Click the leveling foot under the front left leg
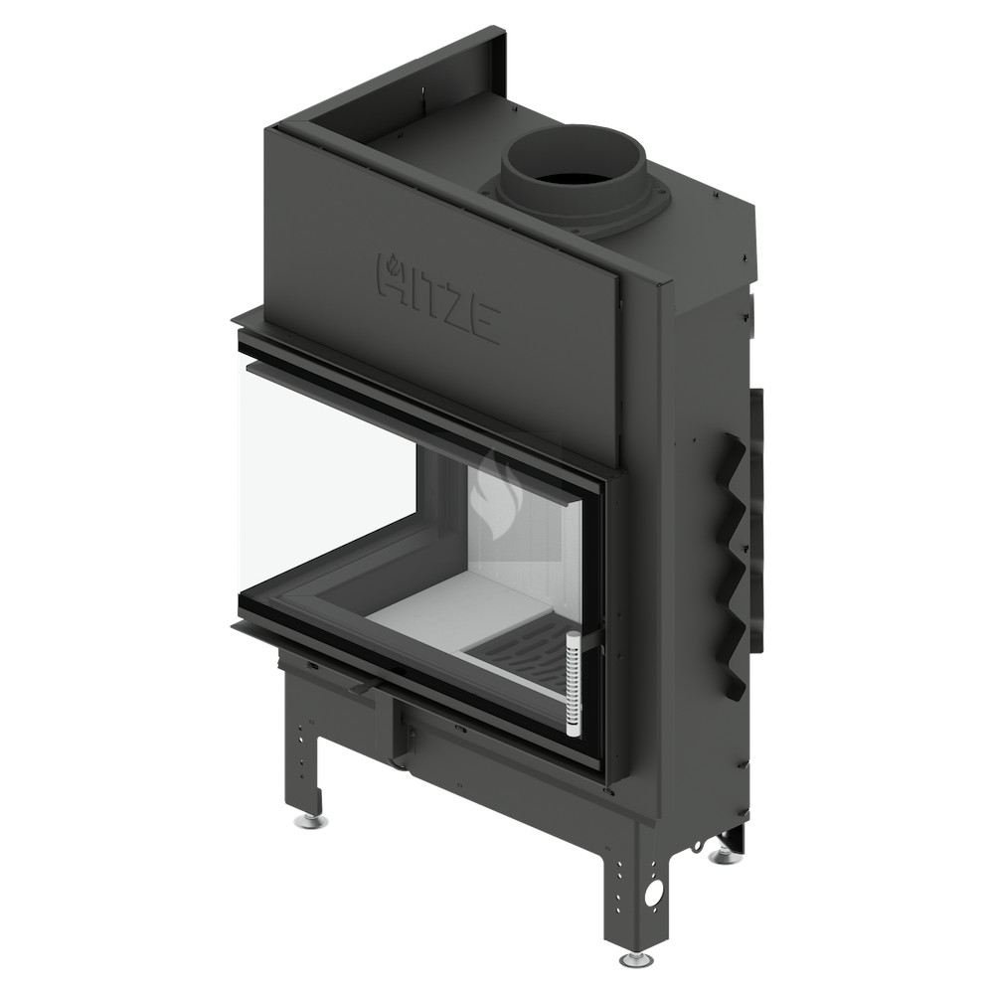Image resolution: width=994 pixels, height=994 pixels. click(x=311, y=822)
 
